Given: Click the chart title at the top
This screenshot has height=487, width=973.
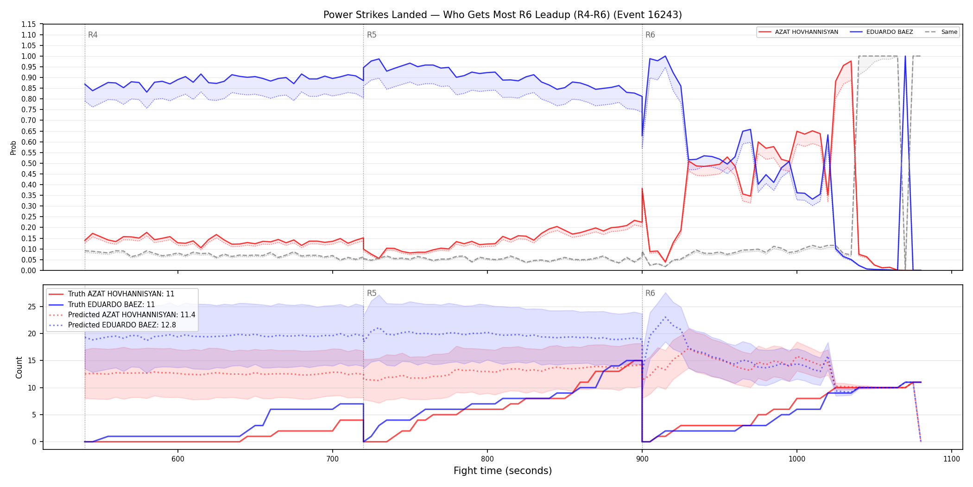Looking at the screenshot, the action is [503, 15].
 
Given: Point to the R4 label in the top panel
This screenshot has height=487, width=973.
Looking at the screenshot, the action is [93, 35].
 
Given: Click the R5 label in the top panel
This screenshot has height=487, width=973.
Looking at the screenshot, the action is [372, 35].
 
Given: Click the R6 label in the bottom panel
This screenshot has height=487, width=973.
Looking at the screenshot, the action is [650, 293].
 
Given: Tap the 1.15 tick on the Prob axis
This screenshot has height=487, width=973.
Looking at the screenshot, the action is [29, 24].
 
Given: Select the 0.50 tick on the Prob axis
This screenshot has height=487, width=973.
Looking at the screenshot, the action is [29, 163].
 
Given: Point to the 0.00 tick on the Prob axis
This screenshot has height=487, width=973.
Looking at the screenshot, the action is [29, 270].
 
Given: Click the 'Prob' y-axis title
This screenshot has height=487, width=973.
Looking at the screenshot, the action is [13, 147].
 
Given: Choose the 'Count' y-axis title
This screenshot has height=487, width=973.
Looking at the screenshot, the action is [19, 367].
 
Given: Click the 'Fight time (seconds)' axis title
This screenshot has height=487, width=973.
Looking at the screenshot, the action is [503, 471].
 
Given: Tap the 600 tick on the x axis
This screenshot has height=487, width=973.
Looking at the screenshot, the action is [178, 459].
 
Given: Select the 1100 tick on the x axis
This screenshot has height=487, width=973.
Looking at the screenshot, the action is [952, 459].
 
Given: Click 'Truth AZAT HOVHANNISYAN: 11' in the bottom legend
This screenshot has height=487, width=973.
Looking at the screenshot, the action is [121, 294].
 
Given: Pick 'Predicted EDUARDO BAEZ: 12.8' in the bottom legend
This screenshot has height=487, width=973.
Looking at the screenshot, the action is [122, 325].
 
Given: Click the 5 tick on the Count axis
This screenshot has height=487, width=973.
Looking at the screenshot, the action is [34, 415].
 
